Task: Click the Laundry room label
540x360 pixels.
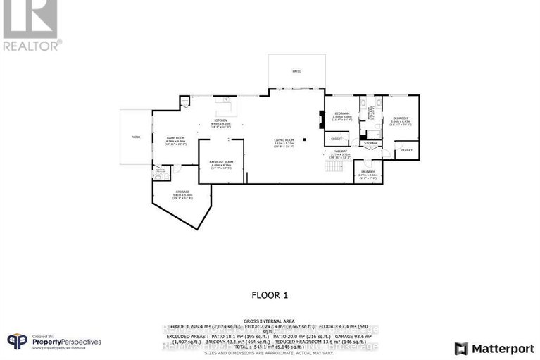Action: (x=368, y=172)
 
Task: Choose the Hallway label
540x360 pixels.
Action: (x=340, y=151)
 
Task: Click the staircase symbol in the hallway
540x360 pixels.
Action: (x=332, y=168)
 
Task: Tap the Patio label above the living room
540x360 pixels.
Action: (x=296, y=71)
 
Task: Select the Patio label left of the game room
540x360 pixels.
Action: (x=135, y=137)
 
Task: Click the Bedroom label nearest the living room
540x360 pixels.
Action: (x=342, y=113)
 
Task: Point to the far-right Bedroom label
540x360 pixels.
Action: (x=401, y=118)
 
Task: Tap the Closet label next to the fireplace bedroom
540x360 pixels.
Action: (x=337, y=139)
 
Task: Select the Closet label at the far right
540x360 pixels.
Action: (x=407, y=150)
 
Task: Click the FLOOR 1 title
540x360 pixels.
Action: (x=270, y=296)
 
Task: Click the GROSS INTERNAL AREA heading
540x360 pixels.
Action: (x=270, y=318)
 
